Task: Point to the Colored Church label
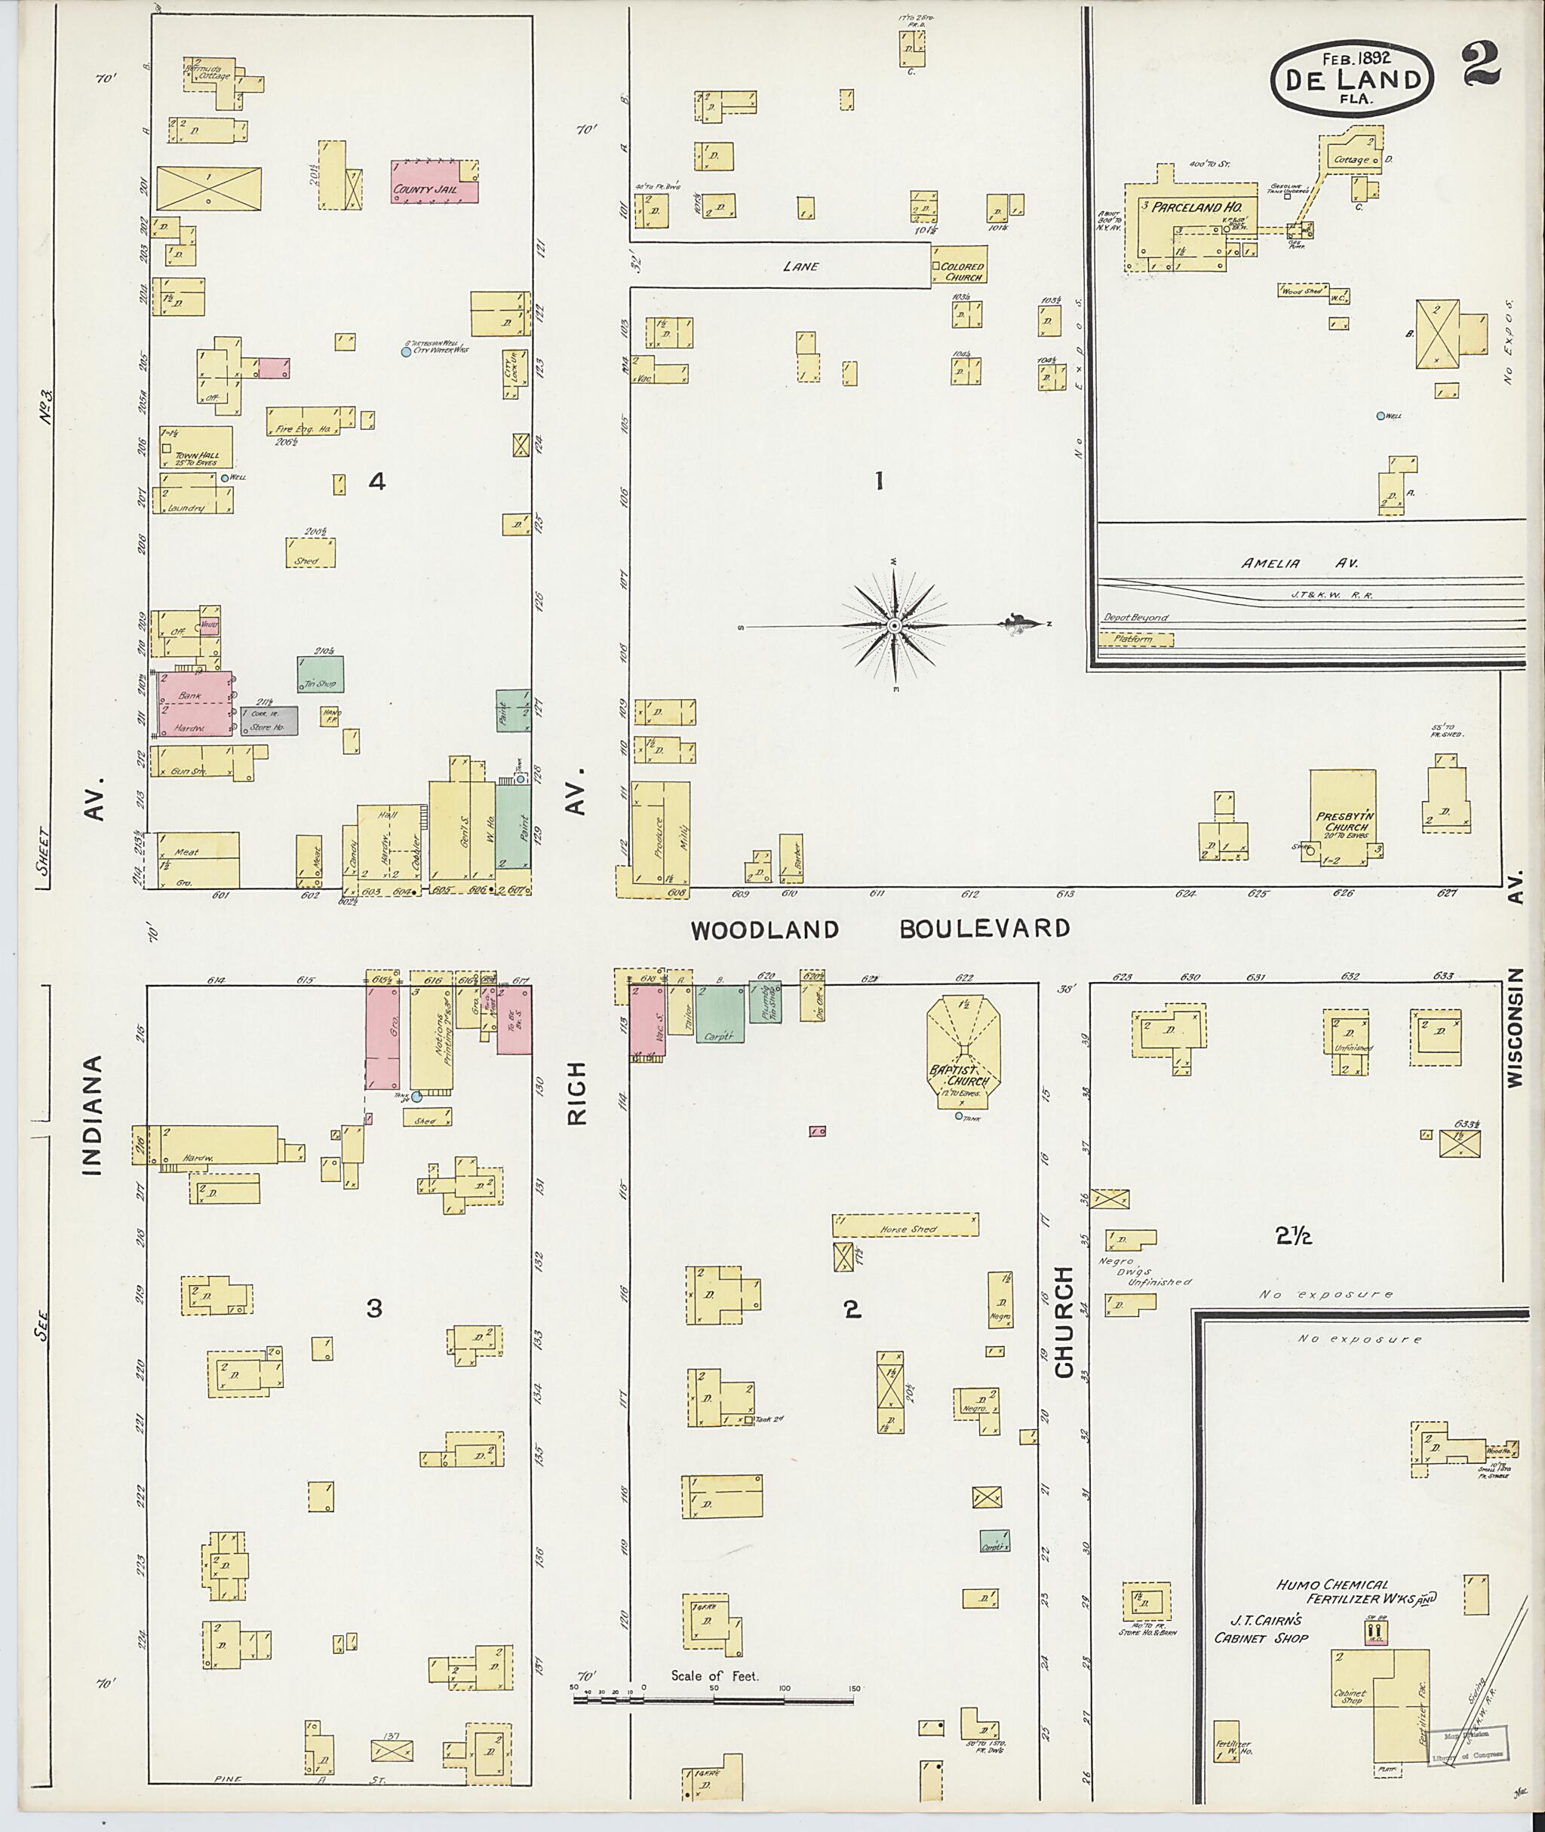click(963, 272)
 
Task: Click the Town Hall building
click(196, 447)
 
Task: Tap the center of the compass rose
click(893, 626)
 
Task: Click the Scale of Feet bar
click(713, 1702)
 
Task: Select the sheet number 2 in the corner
click(1479, 66)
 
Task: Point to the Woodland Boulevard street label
click(880, 930)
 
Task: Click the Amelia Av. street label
click(1270, 564)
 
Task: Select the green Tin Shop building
click(320, 674)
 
